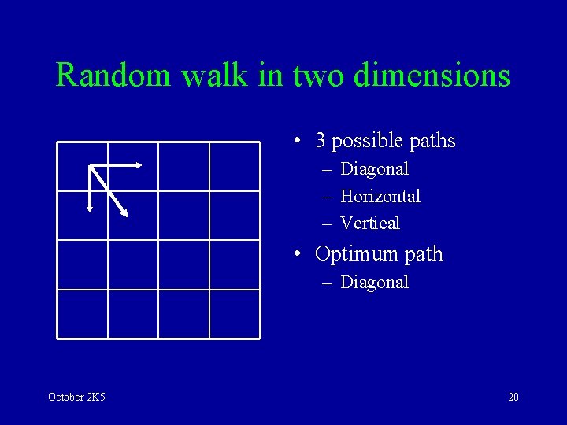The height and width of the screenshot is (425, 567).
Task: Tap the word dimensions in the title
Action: tap(432, 76)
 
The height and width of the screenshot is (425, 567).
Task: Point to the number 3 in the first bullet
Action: tap(321, 141)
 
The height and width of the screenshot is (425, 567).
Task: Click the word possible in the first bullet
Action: tap(368, 142)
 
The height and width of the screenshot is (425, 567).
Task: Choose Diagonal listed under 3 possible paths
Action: tap(374, 169)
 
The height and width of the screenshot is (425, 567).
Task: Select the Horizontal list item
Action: tap(380, 196)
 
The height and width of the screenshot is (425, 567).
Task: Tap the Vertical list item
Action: tap(370, 224)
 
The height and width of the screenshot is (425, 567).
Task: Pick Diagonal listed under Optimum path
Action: tap(374, 283)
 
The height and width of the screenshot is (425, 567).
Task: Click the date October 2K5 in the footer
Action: tap(76, 397)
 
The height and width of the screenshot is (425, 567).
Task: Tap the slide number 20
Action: tap(513, 397)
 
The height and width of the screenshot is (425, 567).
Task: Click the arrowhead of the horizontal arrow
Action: tap(139, 165)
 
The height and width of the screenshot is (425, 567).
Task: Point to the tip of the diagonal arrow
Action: tap(125, 213)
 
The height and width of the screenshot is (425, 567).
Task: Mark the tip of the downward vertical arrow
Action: tap(90, 210)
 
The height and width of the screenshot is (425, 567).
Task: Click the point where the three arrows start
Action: tap(91, 166)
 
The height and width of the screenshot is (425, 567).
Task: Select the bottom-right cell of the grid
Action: tap(234, 313)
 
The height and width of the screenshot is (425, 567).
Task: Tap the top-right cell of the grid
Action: tap(234, 167)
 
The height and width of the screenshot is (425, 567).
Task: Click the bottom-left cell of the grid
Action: tap(83, 313)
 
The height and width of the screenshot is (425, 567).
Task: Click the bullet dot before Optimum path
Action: tap(296, 255)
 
